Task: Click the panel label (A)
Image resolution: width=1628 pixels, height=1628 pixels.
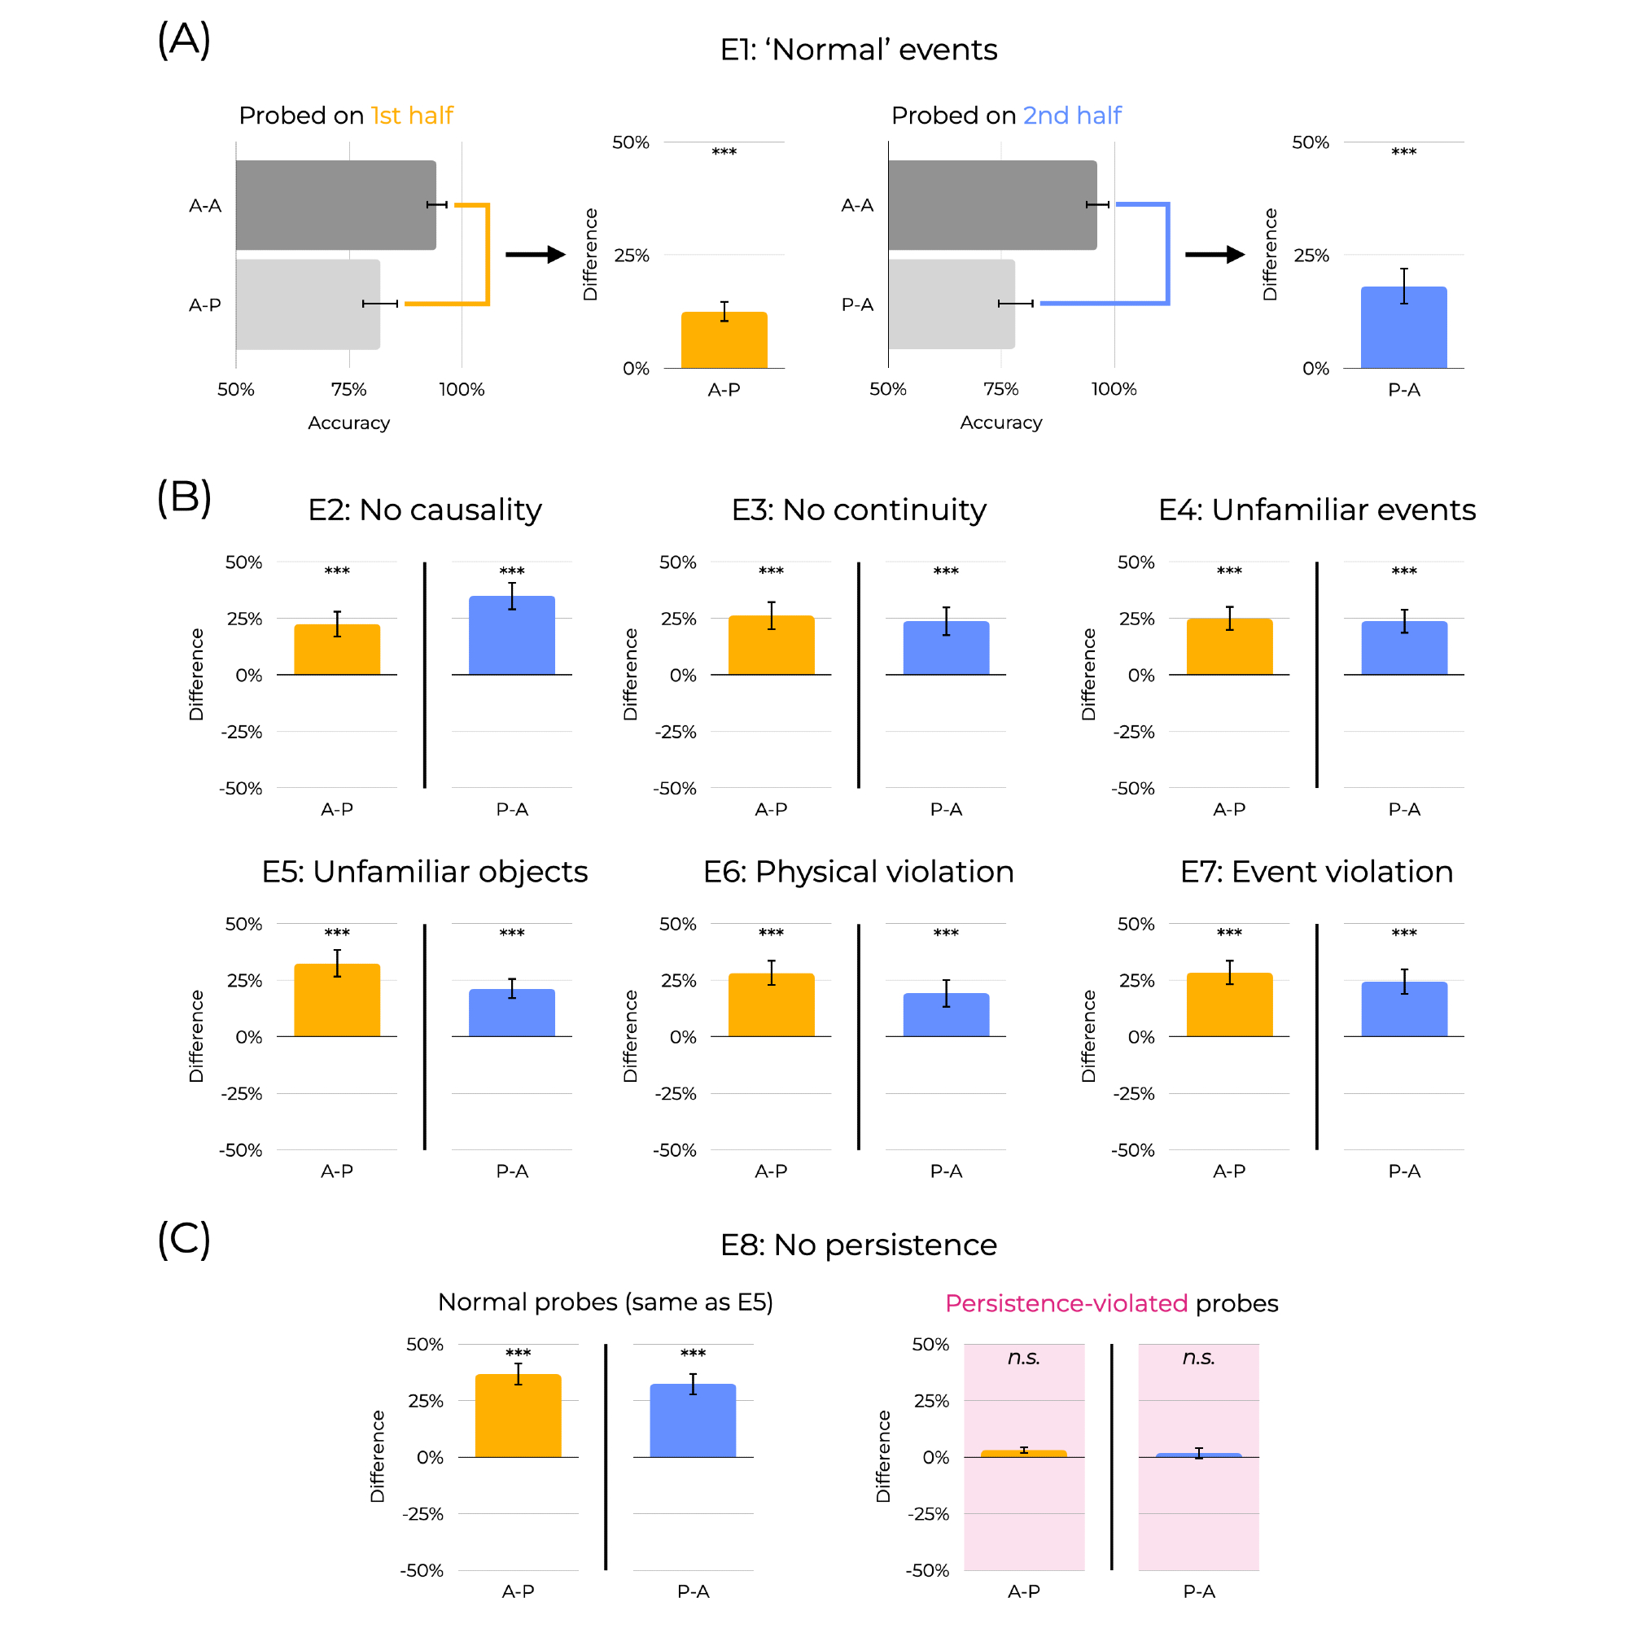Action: (x=184, y=40)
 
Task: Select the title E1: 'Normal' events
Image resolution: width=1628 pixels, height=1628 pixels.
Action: (x=858, y=50)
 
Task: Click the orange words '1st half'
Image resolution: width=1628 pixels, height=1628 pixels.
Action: (x=412, y=116)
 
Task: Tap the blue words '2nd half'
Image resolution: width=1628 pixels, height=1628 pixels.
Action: (x=1072, y=116)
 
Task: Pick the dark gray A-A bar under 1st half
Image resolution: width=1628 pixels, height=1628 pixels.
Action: (x=335, y=205)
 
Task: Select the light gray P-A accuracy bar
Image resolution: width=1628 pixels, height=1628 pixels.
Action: (x=952, y=304)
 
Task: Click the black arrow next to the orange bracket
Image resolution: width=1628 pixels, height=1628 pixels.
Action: (x=535, y=255)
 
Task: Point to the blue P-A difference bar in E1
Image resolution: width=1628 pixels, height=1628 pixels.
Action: (x=1404, y=328)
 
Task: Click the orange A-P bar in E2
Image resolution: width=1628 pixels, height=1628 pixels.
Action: (x=337, y=650)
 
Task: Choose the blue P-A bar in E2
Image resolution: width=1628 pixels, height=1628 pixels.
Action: (x=511, y=636)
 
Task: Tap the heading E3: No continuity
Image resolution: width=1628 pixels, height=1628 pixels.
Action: (x=858, y=510)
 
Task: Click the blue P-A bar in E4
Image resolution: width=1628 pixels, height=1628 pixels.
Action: (x=1404, y=648)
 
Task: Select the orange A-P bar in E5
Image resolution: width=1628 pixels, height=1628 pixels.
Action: (x=337, y=1000)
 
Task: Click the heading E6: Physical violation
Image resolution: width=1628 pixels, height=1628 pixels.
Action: (x=858, y=871)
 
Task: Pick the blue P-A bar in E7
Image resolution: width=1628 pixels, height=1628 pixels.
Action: (x=1404, y=1009)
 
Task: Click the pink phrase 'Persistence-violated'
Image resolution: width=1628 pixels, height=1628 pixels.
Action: (x=1066, y=1303)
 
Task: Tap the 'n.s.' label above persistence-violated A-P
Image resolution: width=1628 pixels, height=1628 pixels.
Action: (x=1024, y=1358)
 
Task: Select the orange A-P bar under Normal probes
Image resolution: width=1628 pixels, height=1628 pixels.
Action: (x=519, y=1416)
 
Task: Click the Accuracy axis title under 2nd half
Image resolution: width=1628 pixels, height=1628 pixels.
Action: (x=1001, y=422)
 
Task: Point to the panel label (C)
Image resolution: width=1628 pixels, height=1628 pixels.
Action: (x=184, y=1240)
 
